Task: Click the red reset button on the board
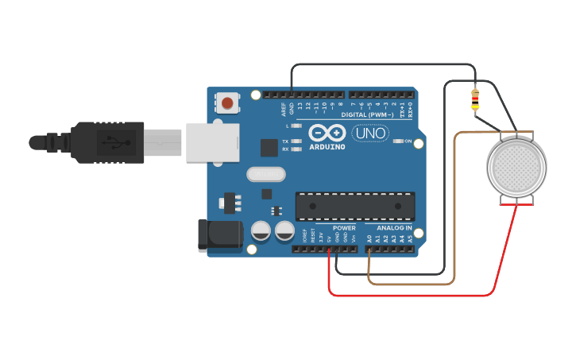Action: (227, 103)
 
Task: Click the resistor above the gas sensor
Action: (475, 99)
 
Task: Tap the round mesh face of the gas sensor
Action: (516, 168)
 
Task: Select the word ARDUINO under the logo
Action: (327, 147)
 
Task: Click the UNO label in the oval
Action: (369, 134)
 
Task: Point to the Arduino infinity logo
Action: (327, 134)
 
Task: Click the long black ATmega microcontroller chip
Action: (355, 206)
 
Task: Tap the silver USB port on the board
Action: (212, 142)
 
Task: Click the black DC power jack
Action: (219, 235)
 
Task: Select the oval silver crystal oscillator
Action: (265, 174)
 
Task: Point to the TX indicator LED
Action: (296, 141)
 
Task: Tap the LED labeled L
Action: (296, 126)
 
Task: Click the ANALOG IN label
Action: (394, 228)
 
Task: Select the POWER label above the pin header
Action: (344, 228)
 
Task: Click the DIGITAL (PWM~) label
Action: (366, 114)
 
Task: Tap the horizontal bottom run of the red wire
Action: (413, 295)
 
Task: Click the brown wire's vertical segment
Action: (454, 207)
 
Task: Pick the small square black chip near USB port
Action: (269, 148)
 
